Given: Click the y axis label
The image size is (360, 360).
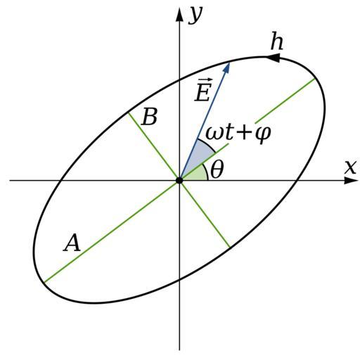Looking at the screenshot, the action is click(x=195, y=15).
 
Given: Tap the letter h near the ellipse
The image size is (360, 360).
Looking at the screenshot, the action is click(x=277, y=41).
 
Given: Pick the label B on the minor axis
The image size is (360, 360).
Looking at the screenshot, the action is click(x=149, y=116).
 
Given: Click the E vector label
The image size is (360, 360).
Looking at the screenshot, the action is click(x=202, y=92).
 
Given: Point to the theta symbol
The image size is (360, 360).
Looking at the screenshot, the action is click(x=217, y=169).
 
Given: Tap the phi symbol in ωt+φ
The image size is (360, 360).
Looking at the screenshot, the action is click(x=263, y=135).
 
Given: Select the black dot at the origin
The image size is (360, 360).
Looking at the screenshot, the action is click(x=179, y=181).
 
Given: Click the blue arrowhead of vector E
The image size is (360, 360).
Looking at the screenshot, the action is click(x=227, y=67).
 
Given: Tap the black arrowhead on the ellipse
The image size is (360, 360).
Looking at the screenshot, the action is click(x=273, y=58).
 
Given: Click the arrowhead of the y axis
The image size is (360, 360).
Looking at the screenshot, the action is click(x=179, y=15).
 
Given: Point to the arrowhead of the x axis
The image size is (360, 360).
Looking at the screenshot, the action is click(x=351, y=181).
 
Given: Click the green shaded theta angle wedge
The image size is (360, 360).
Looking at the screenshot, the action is click(x=196, y=174).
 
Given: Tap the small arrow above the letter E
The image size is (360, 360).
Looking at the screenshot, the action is click(x=202, y=82).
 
